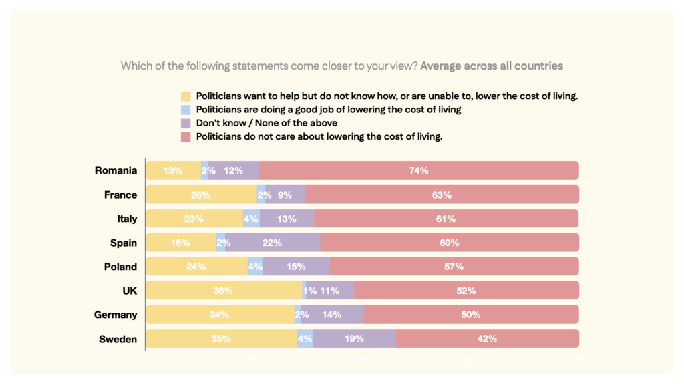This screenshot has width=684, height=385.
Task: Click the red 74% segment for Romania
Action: point(419,170)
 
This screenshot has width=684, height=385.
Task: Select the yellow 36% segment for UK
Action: point(223,291)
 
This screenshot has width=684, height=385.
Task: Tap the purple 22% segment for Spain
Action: point(273,243)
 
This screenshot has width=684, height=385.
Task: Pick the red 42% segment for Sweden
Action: point(487,339)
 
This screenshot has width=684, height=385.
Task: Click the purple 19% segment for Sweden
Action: point(354,339)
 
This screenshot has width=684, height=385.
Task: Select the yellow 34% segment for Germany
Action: point(219,315)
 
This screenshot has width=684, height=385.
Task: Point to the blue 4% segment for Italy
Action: point(251,219)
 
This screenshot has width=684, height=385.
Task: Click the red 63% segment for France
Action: point(442,195)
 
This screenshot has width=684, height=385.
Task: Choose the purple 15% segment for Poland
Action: point(296,267)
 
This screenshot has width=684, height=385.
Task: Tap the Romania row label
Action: point(116,170)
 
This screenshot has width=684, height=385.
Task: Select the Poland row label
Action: point(120,267)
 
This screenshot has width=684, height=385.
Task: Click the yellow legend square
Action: point(186,96)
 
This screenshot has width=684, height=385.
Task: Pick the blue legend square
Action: point(186,110)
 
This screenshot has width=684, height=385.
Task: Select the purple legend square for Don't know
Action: point(186,123)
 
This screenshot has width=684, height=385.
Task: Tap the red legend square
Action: point(186,137)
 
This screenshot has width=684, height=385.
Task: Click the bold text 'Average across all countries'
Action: point(492,66)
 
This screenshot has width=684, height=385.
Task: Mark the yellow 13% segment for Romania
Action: point(173,170)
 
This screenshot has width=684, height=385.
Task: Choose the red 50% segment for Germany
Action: point(471,315)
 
